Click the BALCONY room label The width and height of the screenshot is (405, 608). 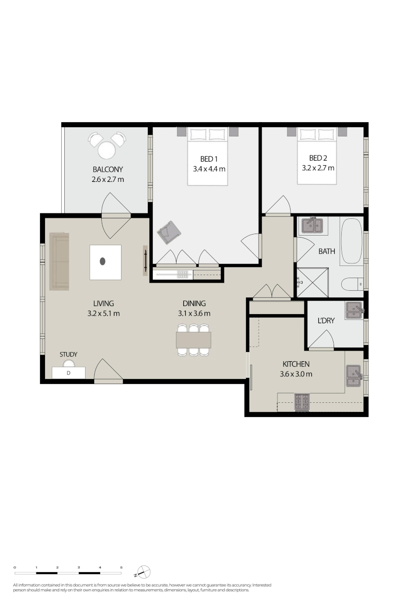coord(108,170)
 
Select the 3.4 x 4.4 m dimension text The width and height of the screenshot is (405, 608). coord(209,169)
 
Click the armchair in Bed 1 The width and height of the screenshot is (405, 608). coord(169,232)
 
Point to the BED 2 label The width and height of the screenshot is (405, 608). coord(318,158)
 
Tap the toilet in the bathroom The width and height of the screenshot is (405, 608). coord(352,284)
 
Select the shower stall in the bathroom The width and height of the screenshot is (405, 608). coord(312,282)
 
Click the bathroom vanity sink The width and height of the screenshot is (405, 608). coord(313,225)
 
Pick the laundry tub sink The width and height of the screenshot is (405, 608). coord(354,310)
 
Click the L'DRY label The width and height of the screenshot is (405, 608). coord(326,321)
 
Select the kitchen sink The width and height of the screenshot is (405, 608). coord(354,375)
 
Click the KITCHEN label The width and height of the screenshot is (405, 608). coord(296,364)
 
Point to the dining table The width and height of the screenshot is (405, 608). coord(193,340)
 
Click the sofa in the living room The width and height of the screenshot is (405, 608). coord(59,261)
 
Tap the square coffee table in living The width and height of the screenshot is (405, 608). coord(105,262)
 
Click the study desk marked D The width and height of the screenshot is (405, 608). coord(69,373)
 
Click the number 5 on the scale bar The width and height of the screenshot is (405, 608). coord(121,567)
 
